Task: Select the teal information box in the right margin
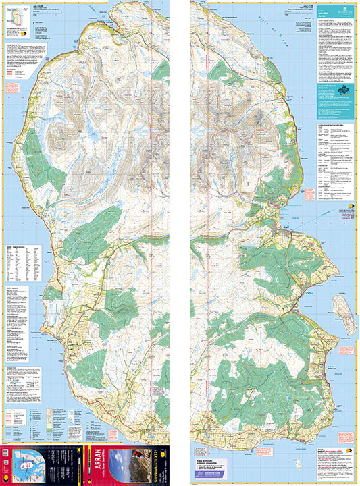336,93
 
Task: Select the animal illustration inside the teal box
344,90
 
